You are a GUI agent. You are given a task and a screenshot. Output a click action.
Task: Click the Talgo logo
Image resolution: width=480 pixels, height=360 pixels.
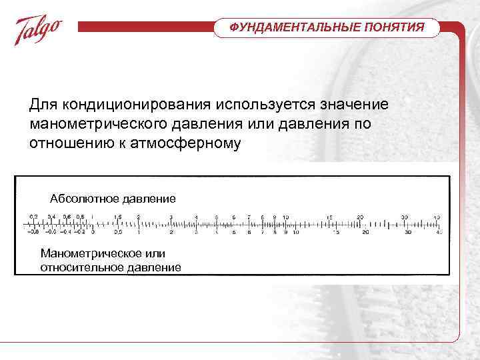click(x=39, y=31)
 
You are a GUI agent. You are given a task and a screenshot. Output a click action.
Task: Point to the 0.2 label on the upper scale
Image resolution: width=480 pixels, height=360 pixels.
click(x=34, y=217)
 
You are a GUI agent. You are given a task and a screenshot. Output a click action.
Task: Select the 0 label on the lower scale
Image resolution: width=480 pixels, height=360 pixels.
click(x=93, y=233)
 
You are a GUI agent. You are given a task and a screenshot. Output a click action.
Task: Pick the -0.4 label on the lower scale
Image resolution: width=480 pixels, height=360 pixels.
click(x=66, y=233)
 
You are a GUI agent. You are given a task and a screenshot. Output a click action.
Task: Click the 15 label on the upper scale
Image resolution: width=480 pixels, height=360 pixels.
click(x=329, y=217)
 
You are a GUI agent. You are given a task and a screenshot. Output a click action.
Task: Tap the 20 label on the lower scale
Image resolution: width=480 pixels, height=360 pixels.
click(x=365, y=233)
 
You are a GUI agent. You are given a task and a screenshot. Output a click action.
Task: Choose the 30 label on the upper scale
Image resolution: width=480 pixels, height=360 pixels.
click(x=404, y=217)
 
